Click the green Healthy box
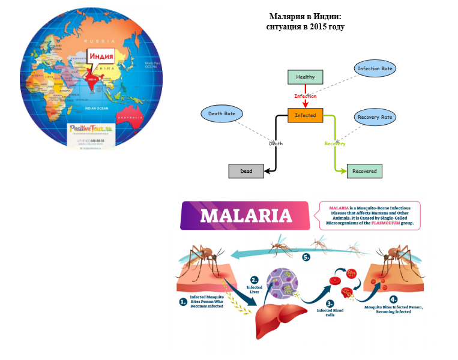305,77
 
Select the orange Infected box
305,115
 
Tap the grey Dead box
246,171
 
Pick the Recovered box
364,171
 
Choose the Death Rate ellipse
221,113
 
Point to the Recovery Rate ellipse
375,117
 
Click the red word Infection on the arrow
305,96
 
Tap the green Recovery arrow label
335,143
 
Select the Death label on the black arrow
276,143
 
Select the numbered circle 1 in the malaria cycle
183,302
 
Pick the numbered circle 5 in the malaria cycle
306,257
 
